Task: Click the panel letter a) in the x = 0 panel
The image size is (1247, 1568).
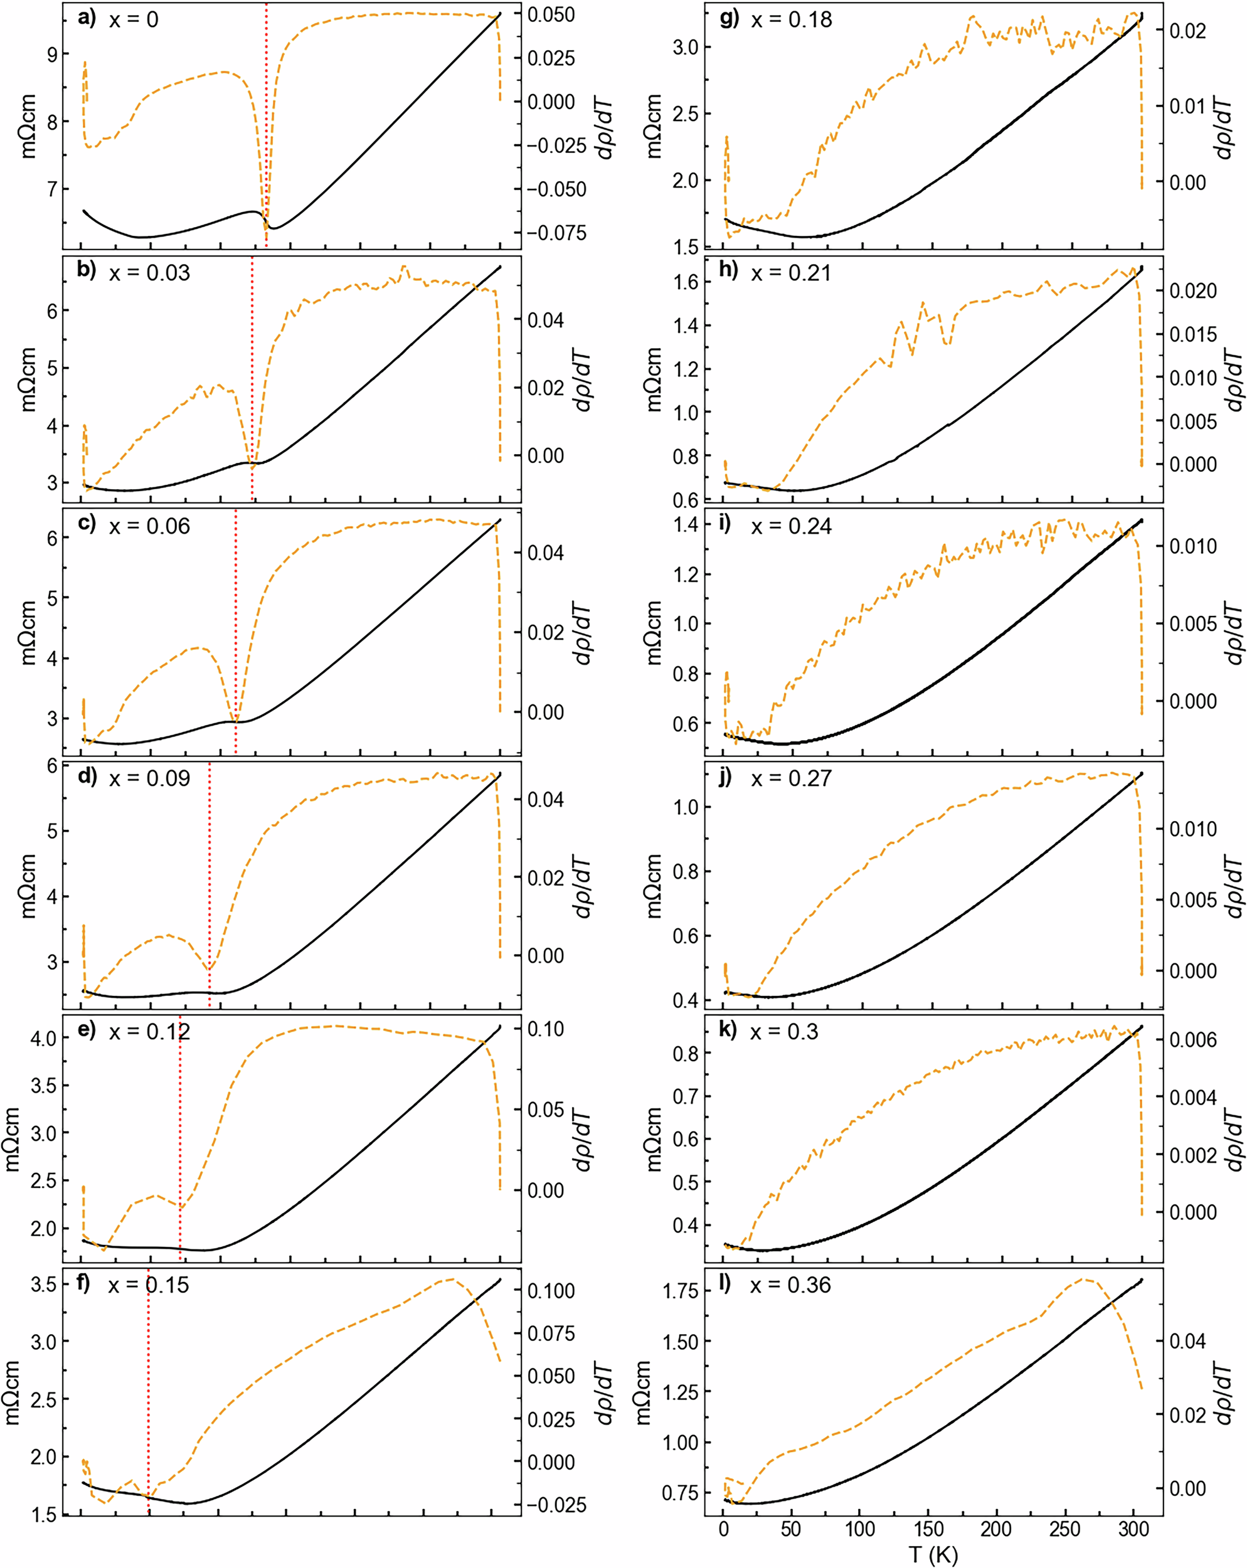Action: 87,18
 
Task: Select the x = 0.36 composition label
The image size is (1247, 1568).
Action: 791,1285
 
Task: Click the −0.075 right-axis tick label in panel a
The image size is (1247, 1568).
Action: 556,233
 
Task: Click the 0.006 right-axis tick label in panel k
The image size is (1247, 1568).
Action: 1192,1039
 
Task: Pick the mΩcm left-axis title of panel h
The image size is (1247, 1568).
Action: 654,378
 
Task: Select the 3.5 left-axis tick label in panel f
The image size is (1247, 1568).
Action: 45,1285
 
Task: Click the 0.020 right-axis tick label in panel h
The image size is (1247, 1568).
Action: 1192,291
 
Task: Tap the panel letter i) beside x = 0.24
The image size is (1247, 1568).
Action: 724,523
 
